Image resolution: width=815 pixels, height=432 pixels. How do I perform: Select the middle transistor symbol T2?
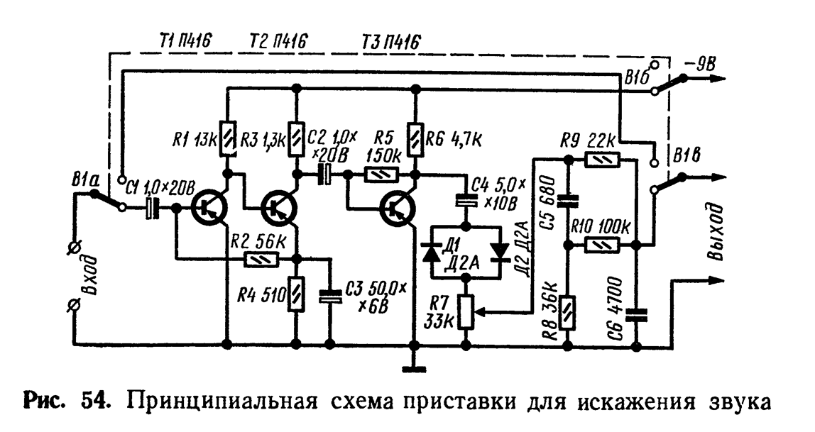click(278, 208)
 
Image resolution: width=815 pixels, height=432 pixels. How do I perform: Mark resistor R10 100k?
click(603, 245)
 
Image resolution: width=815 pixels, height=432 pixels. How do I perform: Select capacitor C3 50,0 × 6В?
click(329, 298)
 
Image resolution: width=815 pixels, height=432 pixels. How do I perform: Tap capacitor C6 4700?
click(637, 313)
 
